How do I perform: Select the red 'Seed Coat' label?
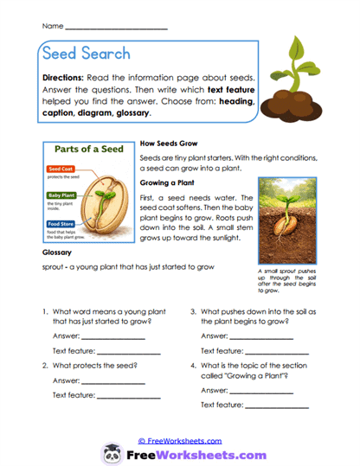pyautogui.click(x=61, y=169)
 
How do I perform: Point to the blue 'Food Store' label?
pyautogui.click(x=61, y=225)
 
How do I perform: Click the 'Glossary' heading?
pyautogui.click(x=55, y=254)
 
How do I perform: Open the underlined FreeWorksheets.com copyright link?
pyautogui.click(x=179, y=440)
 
